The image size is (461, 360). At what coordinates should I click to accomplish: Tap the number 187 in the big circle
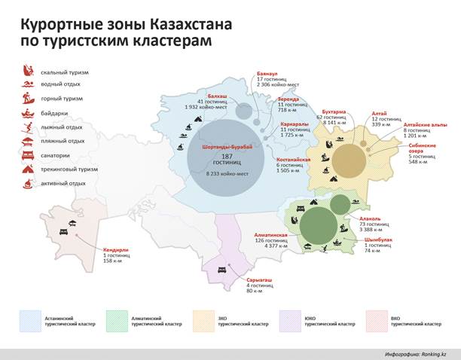pos(226,156)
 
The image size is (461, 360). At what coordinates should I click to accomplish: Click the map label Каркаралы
pos(293,124)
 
